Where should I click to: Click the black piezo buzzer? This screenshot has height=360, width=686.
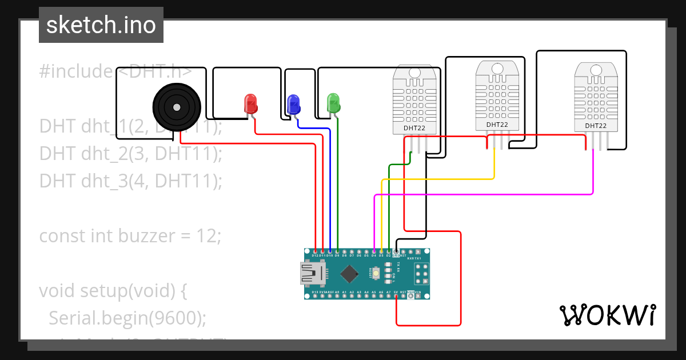point(177,107)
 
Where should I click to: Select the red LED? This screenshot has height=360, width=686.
point(250,103)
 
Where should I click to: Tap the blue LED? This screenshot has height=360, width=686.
point(293,104)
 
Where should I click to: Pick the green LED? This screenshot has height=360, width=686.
point(333,103)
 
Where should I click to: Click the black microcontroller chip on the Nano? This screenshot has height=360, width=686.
point(348,273)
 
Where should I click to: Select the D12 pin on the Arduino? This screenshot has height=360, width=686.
point(316,251)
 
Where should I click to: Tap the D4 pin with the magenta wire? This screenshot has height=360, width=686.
point(374,251)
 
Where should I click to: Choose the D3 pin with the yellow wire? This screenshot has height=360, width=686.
point(381,251)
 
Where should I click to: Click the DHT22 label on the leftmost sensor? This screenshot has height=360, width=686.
point(414,128)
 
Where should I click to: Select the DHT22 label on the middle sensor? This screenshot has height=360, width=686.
point(497,125)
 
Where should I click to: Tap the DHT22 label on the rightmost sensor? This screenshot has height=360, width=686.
point(595,126)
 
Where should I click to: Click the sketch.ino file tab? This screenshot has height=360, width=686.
point(101,25)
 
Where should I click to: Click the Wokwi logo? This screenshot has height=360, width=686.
point(607,315)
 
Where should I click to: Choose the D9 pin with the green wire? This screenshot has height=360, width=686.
point(337,251)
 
